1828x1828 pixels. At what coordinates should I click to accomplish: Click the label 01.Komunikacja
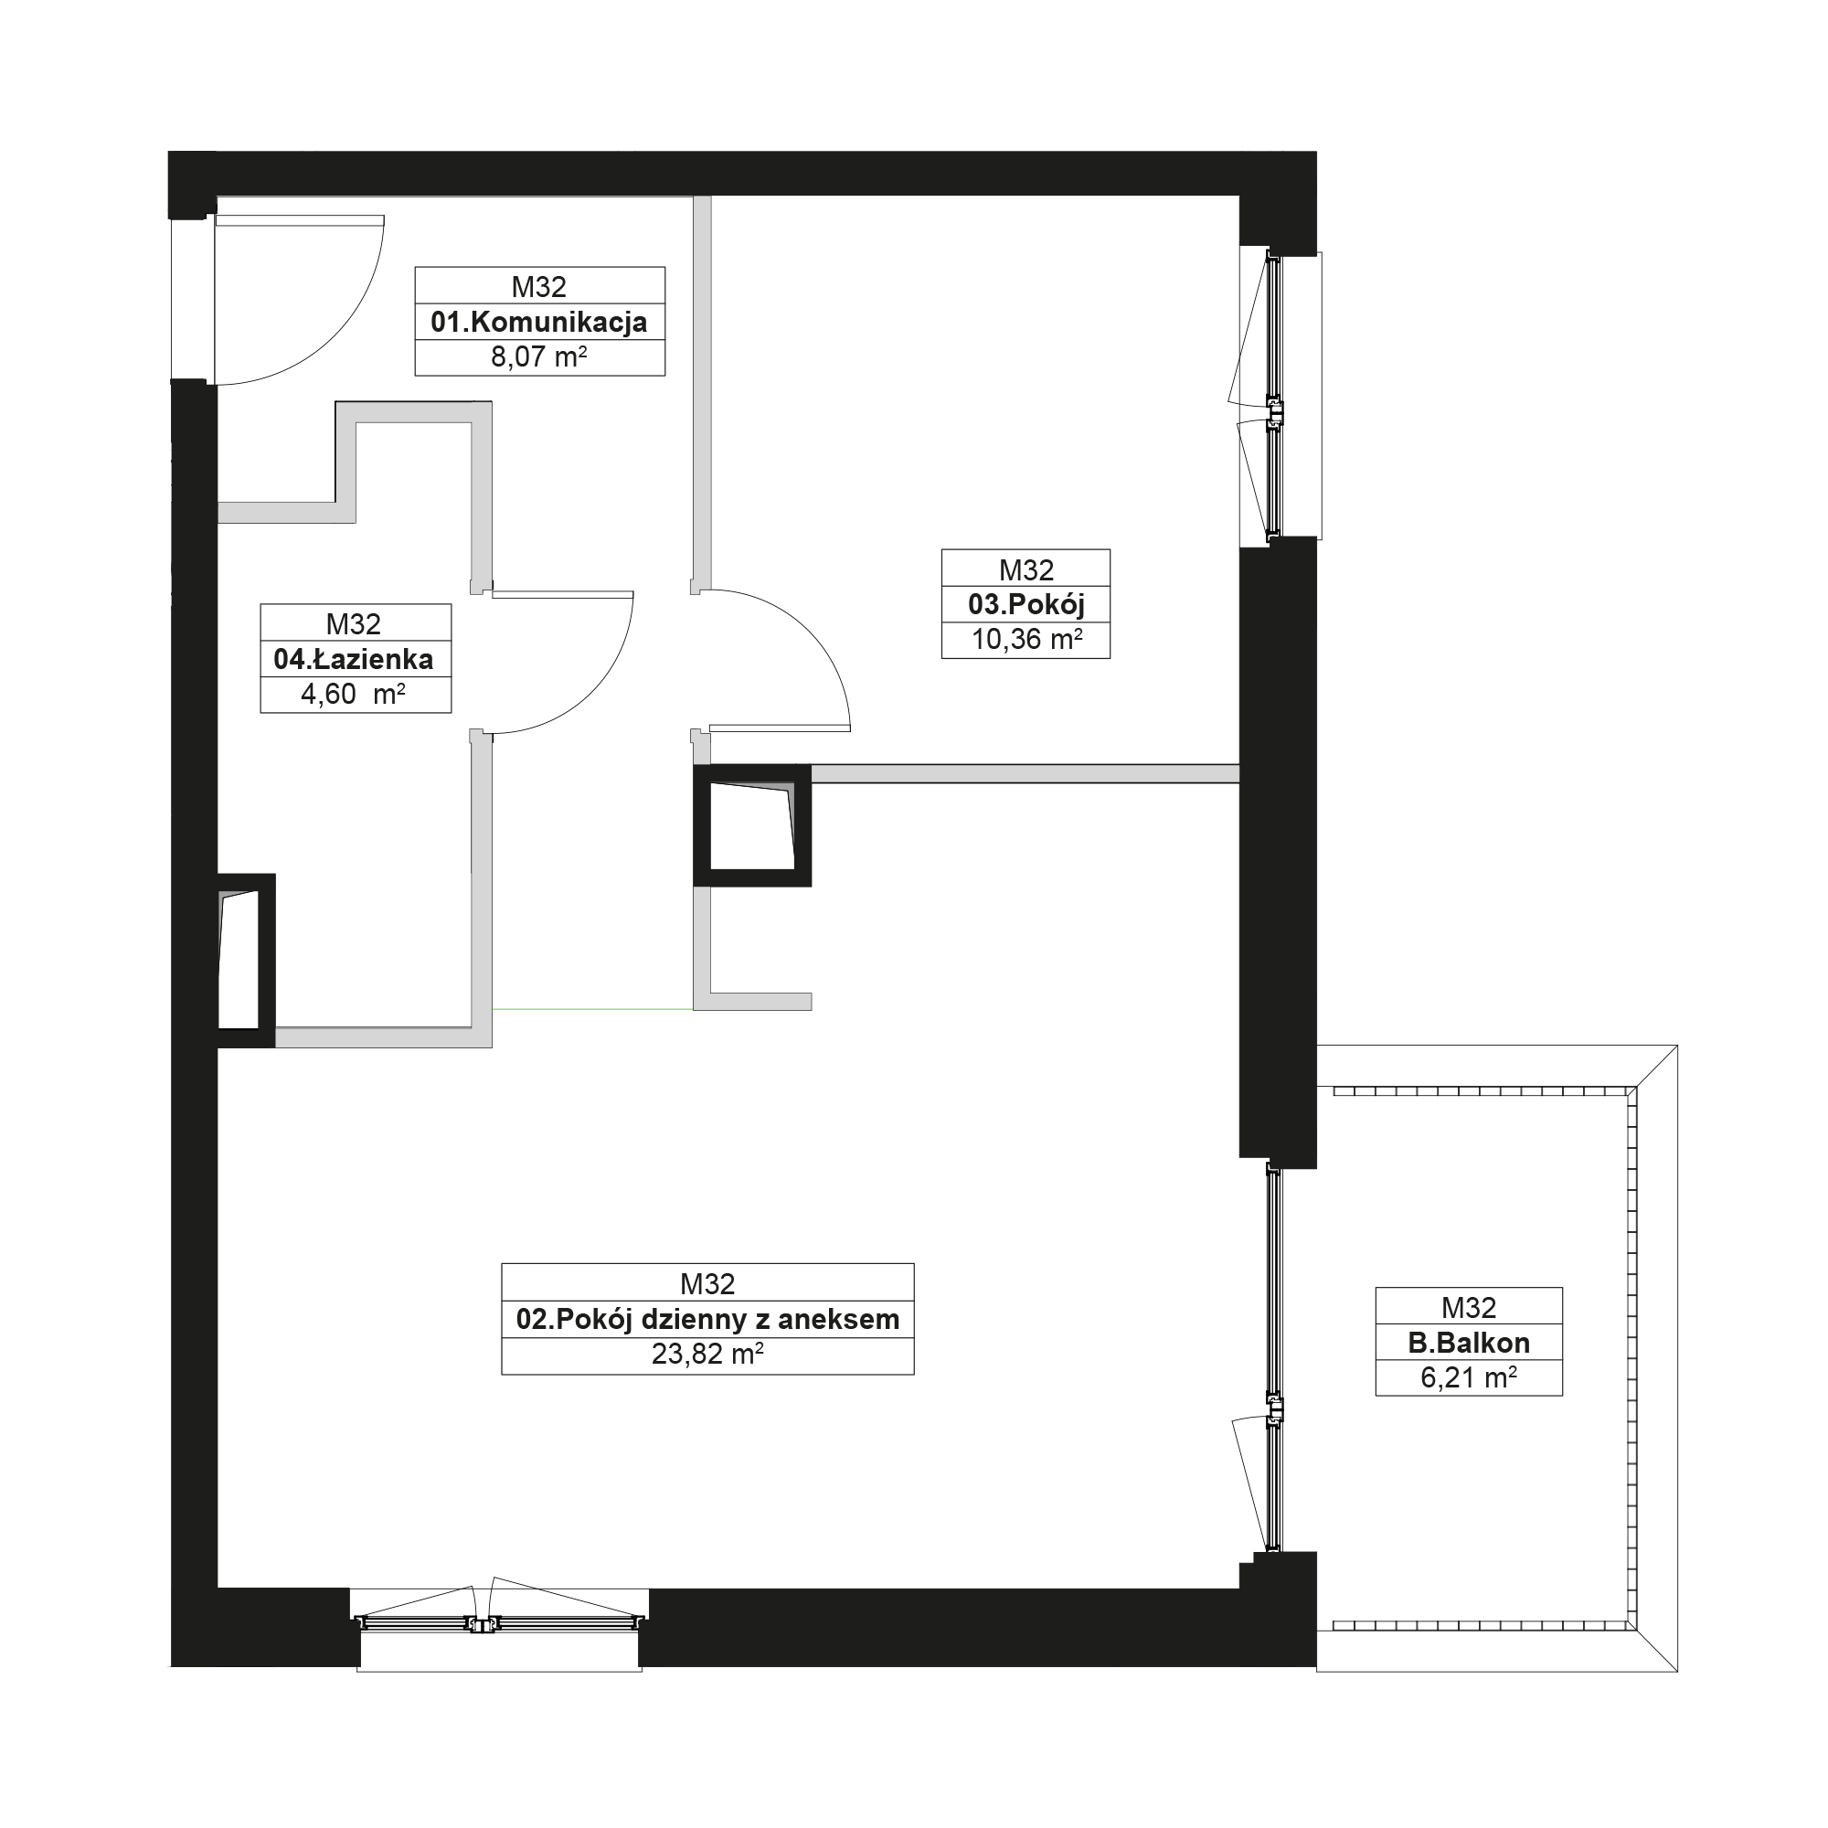[x=539, y=322]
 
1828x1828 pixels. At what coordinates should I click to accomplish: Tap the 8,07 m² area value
[x=539, y=356]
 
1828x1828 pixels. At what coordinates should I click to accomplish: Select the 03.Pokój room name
[x=1026, y=603]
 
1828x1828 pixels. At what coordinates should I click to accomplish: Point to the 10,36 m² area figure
[x=1026, y=640]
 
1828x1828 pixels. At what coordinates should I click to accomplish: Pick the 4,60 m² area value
[x=353, y=695]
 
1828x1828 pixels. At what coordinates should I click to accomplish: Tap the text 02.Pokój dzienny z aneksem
[x=707, y=1319]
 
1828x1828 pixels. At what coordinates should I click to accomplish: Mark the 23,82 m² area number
[x=707, y=1354]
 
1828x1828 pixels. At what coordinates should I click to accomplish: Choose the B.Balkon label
[x=1469, y=1343]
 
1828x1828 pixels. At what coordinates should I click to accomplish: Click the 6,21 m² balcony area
[x=1469, y=1377]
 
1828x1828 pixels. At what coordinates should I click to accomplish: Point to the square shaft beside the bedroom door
[x=752, y=825]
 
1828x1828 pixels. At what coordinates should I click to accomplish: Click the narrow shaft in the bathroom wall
[x=246, y=960]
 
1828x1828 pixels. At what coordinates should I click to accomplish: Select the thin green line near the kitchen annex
[x=593, y=1009]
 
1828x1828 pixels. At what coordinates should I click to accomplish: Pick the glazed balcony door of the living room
[x=1273, y=1360]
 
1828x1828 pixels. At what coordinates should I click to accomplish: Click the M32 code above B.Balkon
[x=1469, y=1307]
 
